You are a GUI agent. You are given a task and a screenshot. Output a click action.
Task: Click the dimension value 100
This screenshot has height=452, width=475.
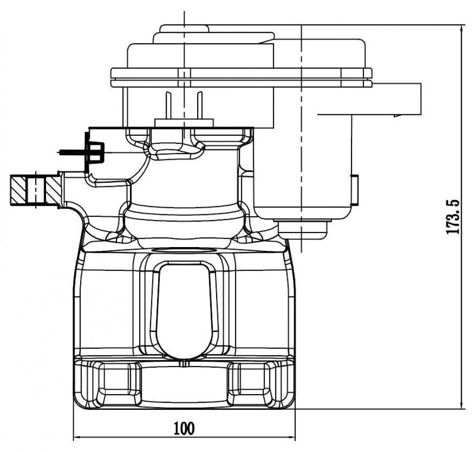[184, 428]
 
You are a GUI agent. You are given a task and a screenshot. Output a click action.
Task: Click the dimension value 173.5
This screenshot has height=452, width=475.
[453, 217]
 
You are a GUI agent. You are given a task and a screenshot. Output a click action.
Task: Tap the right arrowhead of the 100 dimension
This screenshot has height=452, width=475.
[292, 437]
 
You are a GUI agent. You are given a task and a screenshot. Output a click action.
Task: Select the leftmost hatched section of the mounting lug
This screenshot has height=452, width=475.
[19, 190]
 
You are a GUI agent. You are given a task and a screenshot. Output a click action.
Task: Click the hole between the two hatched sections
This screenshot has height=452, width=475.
[36, 190]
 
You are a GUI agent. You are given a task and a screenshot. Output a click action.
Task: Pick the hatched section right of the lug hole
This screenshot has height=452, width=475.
[52, 190]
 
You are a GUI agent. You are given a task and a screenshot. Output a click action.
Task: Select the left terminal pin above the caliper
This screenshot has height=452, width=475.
[169, 105]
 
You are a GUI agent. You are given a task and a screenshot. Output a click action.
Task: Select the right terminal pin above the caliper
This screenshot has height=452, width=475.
[199, 105]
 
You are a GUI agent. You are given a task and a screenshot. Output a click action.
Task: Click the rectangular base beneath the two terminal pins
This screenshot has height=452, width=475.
[184, 123]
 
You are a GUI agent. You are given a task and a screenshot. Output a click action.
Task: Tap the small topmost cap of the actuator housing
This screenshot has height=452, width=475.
[184, 29]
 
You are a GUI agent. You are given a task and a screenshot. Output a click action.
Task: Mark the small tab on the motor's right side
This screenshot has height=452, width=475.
[355, 190]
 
